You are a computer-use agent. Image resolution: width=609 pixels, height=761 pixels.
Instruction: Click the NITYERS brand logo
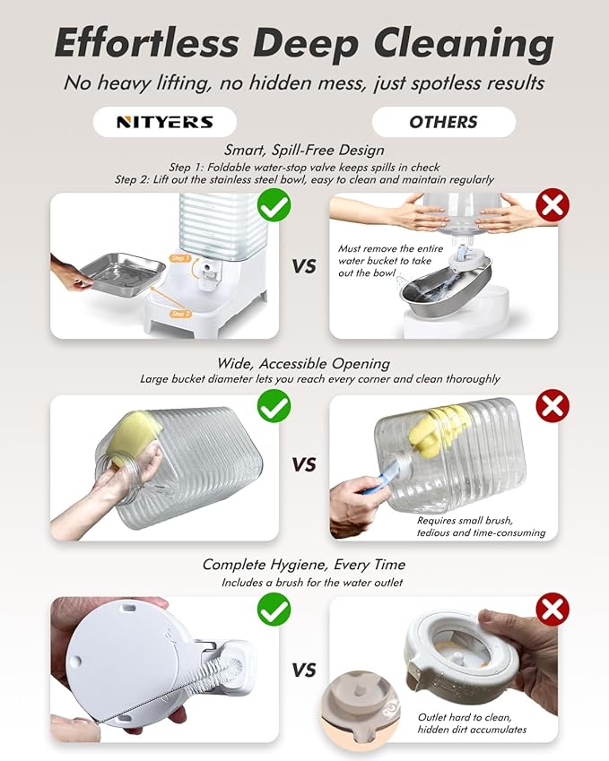[x=165, y=122]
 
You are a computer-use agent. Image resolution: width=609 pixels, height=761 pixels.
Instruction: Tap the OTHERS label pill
[x=443, y=122]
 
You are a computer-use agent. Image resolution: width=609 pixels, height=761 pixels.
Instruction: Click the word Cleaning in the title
[x=464, y=44]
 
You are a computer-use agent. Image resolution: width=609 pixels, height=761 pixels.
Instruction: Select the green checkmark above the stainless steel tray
[x=274, y=205]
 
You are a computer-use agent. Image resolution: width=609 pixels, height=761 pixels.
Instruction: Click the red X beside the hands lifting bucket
[x=552, y=205]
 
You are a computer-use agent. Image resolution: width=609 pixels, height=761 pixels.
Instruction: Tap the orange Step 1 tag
[x=180, y=258]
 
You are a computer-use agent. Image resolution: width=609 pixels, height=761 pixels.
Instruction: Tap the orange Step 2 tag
[x=180, y=314]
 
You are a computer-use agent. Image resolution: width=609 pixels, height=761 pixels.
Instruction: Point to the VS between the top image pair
[x=304, y=266]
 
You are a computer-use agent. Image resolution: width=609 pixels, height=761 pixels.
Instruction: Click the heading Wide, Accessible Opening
[x=303, y=364]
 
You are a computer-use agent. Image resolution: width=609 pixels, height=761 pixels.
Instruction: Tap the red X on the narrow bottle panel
[x=552, y=406]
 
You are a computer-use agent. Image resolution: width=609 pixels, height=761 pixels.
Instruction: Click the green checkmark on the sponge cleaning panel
[x=274, y=406]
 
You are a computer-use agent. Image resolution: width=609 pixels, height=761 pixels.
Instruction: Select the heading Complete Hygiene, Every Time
[x=303, y=565]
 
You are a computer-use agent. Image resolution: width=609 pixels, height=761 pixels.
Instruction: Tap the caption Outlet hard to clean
[x=465, y=717]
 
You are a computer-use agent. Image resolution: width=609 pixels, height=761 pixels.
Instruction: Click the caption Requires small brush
[x=465, y=521]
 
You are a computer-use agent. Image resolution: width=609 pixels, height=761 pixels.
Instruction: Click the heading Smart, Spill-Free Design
[x=304, y=150]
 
